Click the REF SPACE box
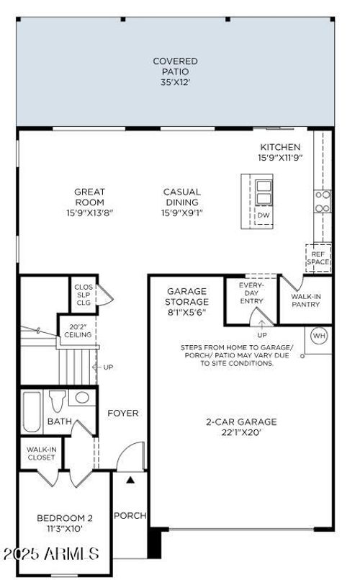coord(318,258)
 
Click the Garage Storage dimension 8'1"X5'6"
coord(188,313)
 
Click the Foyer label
coord(123,413)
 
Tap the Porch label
coord(130,515)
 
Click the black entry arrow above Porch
coord(130,478)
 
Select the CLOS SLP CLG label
coord(84,294)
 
